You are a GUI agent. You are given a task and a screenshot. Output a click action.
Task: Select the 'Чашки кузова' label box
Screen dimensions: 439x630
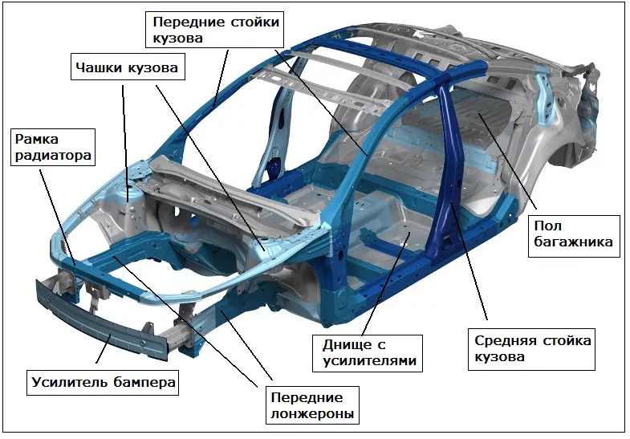pos(125,68)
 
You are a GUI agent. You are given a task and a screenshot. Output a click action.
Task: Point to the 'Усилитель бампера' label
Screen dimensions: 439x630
pos(103,382)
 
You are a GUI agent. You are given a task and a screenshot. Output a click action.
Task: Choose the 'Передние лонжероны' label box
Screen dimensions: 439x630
pos(307,405)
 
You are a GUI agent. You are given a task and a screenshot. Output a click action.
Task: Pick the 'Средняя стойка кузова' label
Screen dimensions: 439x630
pos(532,348)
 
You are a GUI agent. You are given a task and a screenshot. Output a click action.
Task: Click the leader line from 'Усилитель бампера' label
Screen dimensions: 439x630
pos(105,354)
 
